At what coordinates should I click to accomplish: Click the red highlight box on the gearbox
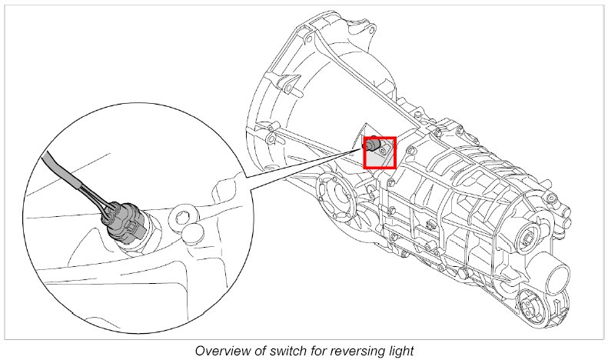(380, 152)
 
